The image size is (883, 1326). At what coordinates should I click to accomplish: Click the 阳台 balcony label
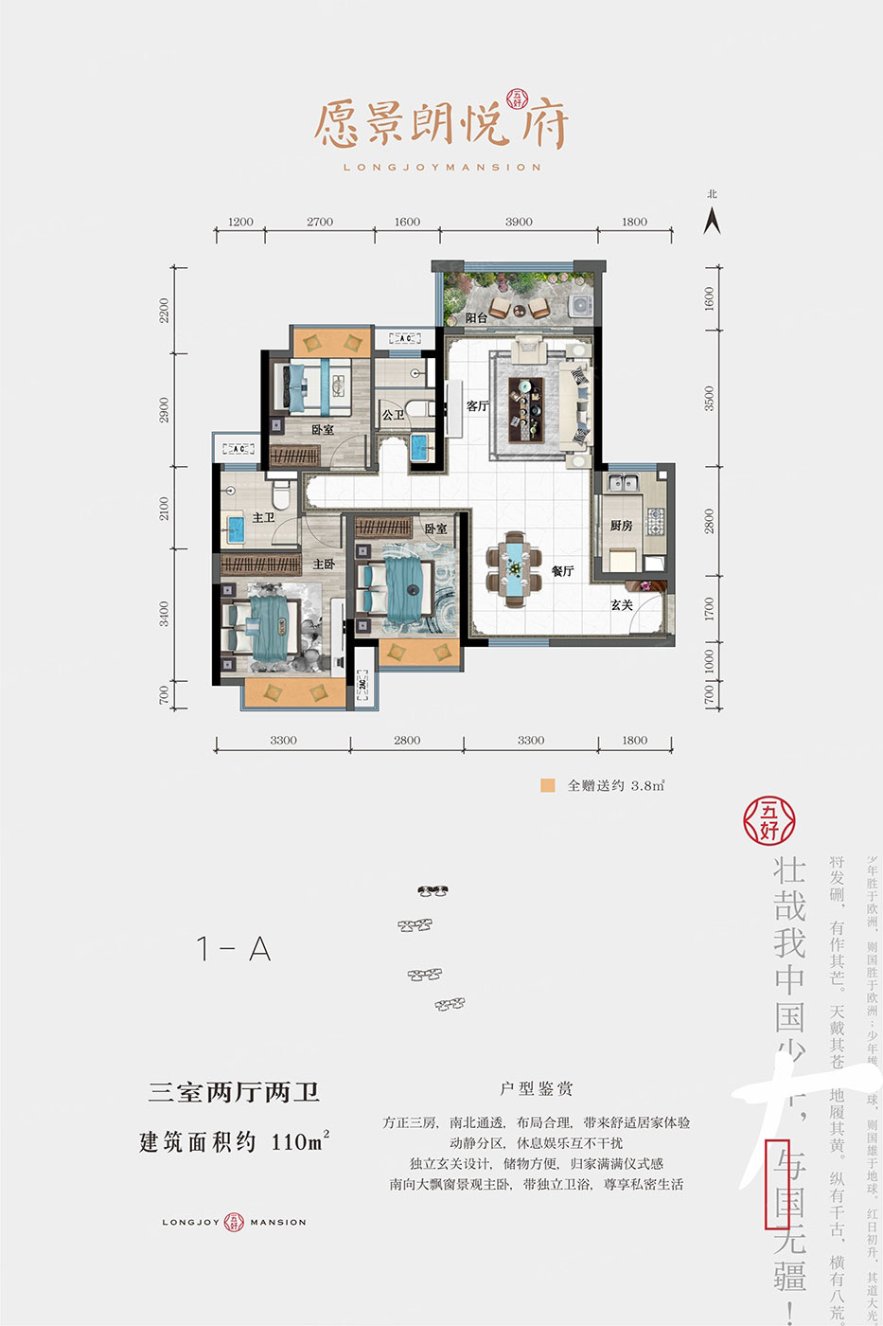pyautogui.click(x=476, y=318)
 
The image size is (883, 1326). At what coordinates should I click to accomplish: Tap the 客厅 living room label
pyautogui.click(x=477, y=406)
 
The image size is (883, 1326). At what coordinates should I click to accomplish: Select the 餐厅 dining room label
pyautogui.click(x=562, y=571)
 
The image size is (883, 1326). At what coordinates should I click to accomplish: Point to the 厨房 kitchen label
pyautogui.click(x=621, y=526)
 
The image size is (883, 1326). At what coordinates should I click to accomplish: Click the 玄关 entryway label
pyautogui.click(x=622, y=604)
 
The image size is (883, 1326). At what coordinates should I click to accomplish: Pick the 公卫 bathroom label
pyautogui.click(x=393, y=415)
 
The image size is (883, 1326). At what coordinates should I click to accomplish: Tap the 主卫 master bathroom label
pyautogui.click(x=263, y=517)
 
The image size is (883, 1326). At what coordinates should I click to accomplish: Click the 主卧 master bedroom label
pyautogui.click(x=324, y=564)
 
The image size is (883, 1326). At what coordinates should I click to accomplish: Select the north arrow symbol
pyautogui.click(x=713, y=220)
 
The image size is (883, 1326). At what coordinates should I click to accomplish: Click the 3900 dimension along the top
pyautogui.click(x=519, y=222)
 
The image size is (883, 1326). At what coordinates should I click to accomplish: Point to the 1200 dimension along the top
pyautogui.click(x=240, y=222)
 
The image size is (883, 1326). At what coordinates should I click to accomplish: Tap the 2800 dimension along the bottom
pyautogui.click(x=407, y=741)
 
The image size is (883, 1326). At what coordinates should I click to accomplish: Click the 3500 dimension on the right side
pyautogui.click(x=710, y=398)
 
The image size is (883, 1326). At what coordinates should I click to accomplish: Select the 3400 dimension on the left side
pyautogui.click(x=165, y=614)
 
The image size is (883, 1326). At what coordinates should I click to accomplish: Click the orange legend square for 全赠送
pyautogui.click(x=547, y=785)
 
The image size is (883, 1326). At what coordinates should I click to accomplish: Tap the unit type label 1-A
pyautogui.click(x=233, y=948)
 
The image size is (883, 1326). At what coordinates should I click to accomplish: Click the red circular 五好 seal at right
pyautogui.click(x=768, y=818)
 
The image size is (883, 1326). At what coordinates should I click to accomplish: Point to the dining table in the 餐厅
pyautogui.click(x=513, y=569)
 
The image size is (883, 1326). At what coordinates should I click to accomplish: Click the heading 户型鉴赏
pyautogui.click(x=537, y=1089)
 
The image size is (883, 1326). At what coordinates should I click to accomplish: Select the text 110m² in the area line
pyautogui.click(x=300, y=1141)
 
